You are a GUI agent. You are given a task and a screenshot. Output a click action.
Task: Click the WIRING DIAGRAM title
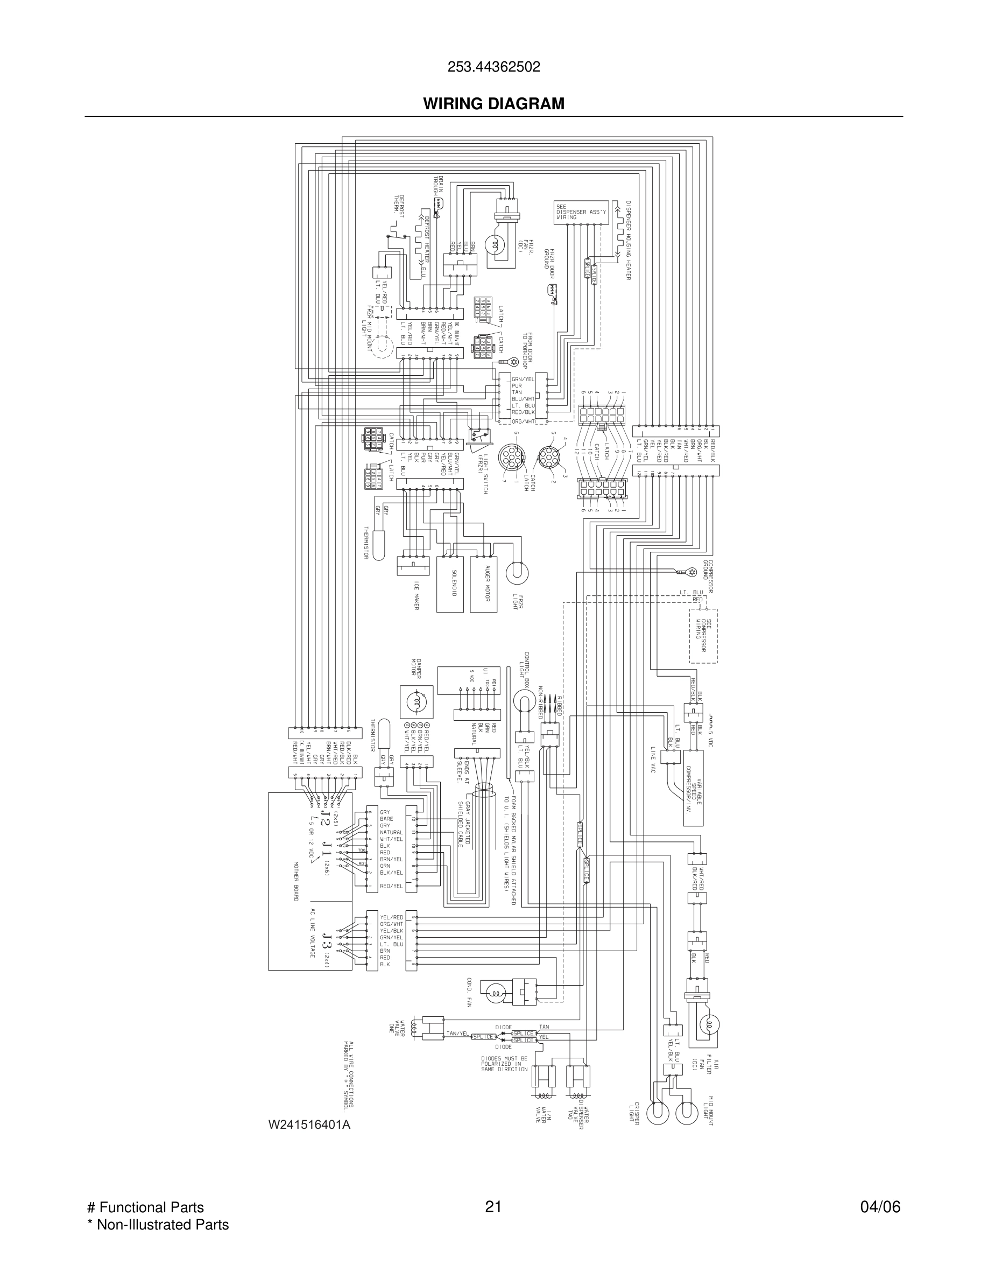pyautogui.click(x=493, y=104)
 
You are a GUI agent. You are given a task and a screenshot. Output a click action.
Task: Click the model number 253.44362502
pyautogui.click(x=493, y=67)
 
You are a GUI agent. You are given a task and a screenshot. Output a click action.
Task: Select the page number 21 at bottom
pyautogui.click(x=493, y=1206)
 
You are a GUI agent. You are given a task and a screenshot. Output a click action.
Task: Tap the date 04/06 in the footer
pyautogui.click(x=880, y=1206)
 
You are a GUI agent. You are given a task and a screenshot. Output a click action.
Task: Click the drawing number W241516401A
pyautogui.click(x=309, y=1125)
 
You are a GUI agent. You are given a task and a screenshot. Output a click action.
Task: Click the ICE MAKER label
pyautogui.click(x=417, y=595)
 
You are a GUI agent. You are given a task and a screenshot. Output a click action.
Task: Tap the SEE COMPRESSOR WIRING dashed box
pyautogui.click(x=703, y=636)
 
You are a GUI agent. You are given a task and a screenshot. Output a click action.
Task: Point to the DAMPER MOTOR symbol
pyautogui.click(x=416, y=702)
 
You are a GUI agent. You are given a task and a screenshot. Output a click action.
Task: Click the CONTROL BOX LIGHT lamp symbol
pyautogui.click(x=525, y=699)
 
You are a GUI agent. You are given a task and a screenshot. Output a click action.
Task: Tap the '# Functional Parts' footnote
pyautogui.click(x=145, y=1207)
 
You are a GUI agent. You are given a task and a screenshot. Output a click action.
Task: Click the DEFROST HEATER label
pyautogui.click(x=427, y=238)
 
